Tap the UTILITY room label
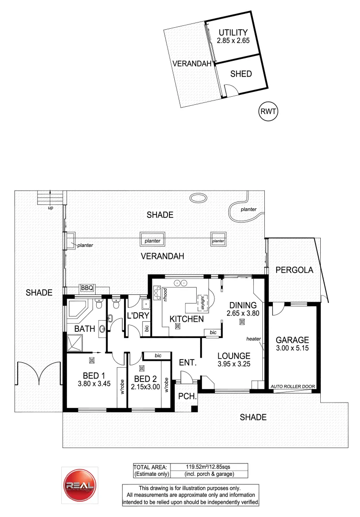[x=233, y=32]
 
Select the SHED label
[x=241, y=74]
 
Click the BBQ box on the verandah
[x=87, y=288]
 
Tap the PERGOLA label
[x=294, y=270]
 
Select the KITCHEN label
[x=187, y=319]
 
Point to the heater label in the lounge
[x=253, y=338]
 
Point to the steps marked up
[x=50, y=197]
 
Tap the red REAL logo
[x=80, y=484]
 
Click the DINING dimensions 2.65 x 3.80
[x=242, y=314]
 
